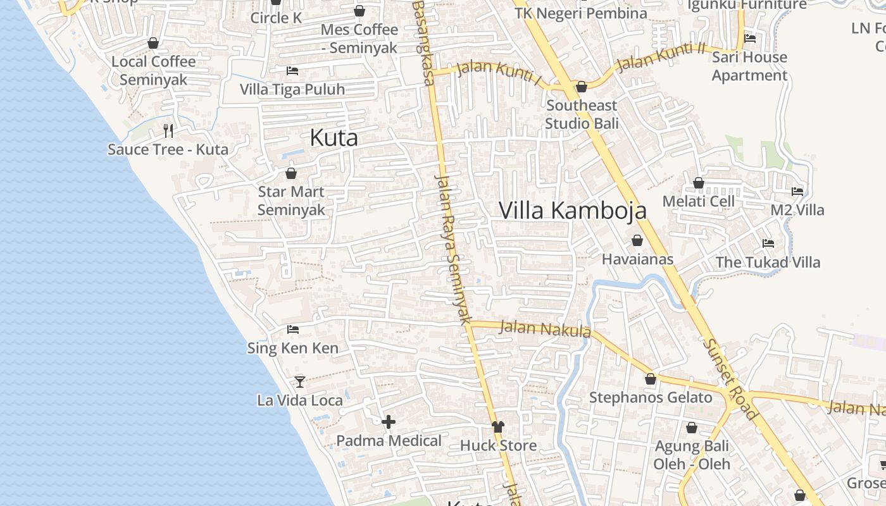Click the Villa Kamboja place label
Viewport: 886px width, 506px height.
(x=573, y=211)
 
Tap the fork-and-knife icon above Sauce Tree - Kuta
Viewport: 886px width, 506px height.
(x=168, y=131)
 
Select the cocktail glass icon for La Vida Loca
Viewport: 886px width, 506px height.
(x=300, y=382)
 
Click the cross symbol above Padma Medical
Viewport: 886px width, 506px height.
(x=389, y=422)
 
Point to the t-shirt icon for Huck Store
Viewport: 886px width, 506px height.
(x=498, y=427)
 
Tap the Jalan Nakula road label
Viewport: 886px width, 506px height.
(x=545, y=329)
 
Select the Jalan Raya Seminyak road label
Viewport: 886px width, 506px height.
(x=454, y=247)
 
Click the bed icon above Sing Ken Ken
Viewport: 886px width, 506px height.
(x=292, y=330)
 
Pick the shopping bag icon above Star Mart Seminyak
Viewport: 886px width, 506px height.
(x=291, y=173)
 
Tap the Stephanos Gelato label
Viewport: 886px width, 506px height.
(x=651, y=398)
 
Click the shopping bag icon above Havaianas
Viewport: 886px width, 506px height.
(x=637, y=241)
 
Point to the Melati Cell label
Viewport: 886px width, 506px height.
(x=699, y=202)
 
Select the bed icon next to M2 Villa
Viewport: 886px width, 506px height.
(x=797, y=191)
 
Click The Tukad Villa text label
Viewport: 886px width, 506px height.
(x=768, y=262)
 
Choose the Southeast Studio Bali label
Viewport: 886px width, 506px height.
(x=582, y=114)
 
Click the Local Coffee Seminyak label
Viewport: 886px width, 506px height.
(x=154, y=71)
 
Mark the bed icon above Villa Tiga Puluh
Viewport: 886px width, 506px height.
(x=292, y=71)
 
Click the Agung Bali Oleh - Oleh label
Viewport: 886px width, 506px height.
(x=692, y=455)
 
